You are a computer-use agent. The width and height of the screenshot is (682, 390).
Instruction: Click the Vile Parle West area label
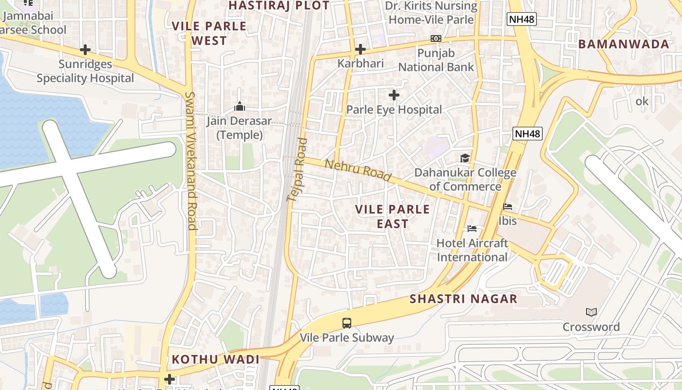click(209, 33)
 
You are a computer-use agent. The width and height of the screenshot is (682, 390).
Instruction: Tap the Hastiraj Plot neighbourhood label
click(279, 5)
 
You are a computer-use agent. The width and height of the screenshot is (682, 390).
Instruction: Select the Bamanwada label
click(624, 44)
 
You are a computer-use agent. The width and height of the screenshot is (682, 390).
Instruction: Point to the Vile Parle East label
click(393, 216)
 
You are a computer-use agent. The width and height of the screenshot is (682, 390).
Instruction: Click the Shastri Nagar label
click(463, 299)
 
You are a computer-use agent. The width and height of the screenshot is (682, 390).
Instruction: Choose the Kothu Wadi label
click(215, 360)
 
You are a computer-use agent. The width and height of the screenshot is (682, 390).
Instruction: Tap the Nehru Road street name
click(358, 171)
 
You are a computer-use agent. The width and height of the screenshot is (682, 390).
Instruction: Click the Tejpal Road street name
click(297, 170)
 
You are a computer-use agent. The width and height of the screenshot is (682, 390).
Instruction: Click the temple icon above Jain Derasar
click(240, 106)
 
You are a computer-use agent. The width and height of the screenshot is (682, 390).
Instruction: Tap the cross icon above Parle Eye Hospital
click(394, 95)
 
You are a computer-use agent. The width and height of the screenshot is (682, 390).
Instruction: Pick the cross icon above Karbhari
click(360, 49)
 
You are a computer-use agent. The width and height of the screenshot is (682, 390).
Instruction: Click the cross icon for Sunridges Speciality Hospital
click(85, 50)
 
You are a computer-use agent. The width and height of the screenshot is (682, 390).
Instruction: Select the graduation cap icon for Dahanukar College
click(465, 158)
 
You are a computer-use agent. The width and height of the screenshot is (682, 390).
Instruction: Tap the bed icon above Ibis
click(508, 207)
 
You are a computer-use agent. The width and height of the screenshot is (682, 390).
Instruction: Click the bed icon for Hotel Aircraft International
click(472, 228)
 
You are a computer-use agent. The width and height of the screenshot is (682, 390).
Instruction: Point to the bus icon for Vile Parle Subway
click(347, 323)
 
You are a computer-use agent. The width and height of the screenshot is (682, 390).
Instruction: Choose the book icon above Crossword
click(591, 312)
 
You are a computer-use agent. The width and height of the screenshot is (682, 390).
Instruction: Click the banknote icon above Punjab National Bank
click(436, 39)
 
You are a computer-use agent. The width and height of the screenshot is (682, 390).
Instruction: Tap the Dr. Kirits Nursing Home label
click(431, 13)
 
